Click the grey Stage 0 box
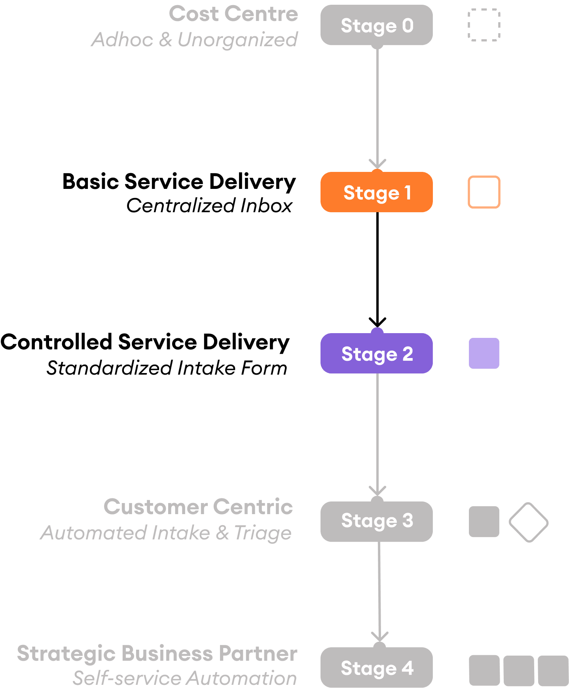[376, 25]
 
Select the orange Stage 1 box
[376, 192]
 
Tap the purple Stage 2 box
[376, 354]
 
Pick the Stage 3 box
[376, 521]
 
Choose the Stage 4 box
[376, 668]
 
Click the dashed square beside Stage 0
[484, 25]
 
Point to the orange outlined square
[484, 192]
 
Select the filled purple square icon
[484, 353]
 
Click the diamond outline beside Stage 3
[528, 522]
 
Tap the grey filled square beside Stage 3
[484, 522]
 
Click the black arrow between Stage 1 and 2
[377, 269]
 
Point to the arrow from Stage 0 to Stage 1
[377, 107]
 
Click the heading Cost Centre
[233, 14]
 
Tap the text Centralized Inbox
[209, 206]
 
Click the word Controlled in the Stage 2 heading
[56, 342]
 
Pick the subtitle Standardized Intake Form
[167, 368]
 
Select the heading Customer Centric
[198, 507]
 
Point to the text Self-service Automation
[185, 678]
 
